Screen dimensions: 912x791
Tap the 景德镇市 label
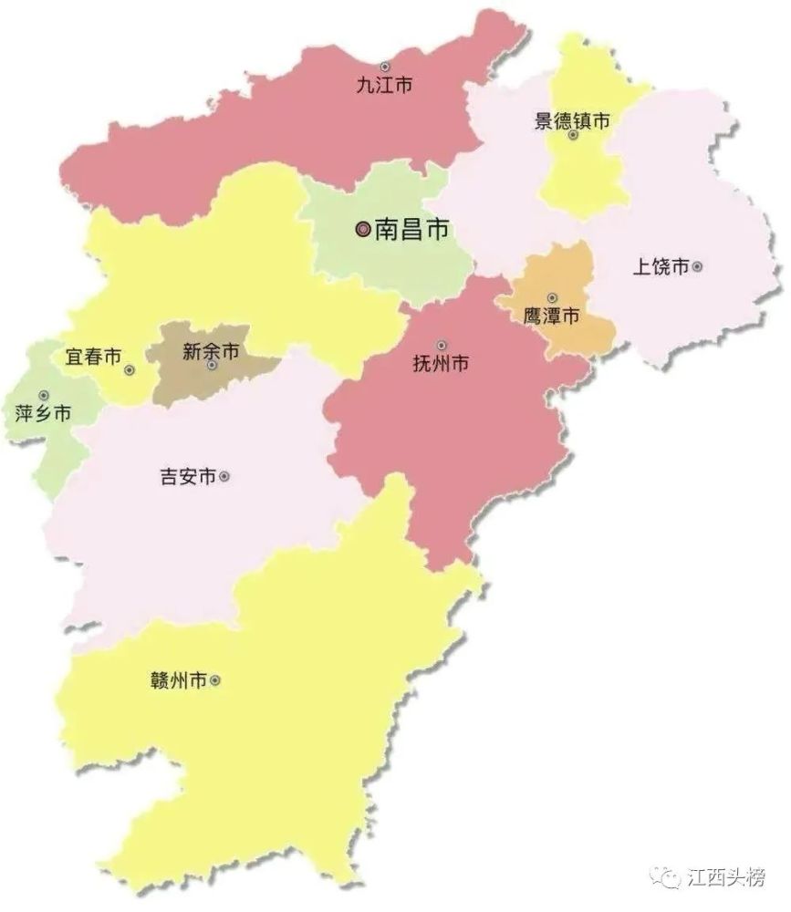572,119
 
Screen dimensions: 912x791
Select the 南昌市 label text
412,230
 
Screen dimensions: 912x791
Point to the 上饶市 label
661,267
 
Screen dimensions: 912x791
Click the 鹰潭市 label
550,316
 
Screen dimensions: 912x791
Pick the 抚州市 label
442,364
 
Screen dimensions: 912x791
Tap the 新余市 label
211,350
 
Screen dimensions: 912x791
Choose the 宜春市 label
93,357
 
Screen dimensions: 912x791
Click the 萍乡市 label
43,413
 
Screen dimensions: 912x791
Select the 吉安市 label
187,476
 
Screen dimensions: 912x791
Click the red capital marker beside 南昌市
363,230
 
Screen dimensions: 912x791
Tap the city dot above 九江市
384,67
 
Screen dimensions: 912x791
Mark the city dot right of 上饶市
697,267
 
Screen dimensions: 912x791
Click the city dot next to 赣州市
215,680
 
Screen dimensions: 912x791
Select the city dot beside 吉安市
224,476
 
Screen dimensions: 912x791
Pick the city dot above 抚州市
442,346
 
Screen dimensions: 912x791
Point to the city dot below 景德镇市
573,135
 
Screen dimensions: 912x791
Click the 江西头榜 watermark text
727,877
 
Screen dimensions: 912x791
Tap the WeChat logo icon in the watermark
669,877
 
